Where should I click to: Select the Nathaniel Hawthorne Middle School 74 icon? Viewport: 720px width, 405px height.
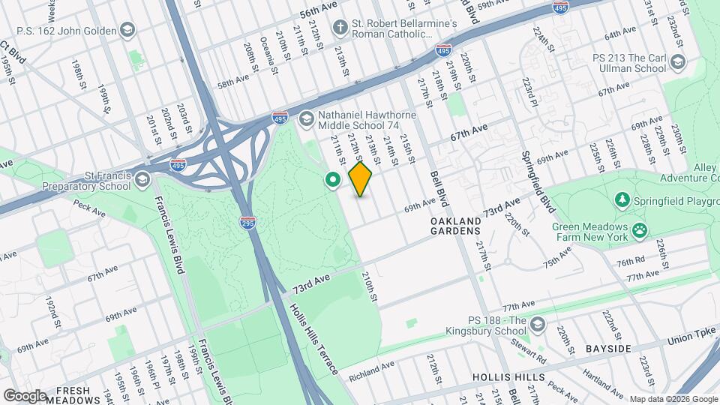coord(306,118)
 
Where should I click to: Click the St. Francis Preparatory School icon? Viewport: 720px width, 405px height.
coord(143,180)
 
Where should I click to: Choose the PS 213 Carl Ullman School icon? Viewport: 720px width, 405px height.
coord(678,62)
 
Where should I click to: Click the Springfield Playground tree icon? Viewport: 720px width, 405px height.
coord(621,200)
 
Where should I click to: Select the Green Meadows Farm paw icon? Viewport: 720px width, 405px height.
coord(639,230)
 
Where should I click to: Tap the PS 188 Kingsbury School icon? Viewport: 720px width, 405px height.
coord(537,324)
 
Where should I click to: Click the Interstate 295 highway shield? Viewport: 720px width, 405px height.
coord(247,223)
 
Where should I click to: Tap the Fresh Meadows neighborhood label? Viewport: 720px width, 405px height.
coord(73,395)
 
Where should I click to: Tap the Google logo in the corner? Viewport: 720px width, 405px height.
coord(25,395)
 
